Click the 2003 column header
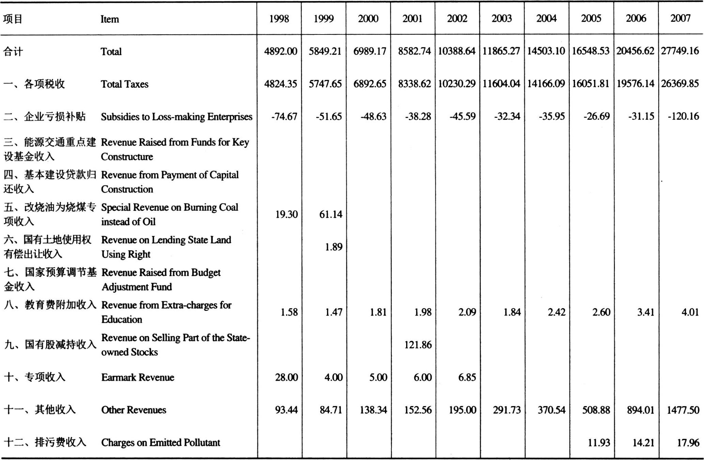(x=502, y=18)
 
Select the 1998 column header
(x=279, y=18)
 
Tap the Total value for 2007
(x=680, y=51)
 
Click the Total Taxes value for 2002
(x=457, y=84)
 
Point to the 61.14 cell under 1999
(x=330, y=214)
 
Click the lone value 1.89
(x=333, y=247)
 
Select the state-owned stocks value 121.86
(x=418, y=345)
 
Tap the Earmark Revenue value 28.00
(x=286, y=377)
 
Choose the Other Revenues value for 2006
(x=640, y=410)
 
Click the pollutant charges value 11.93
(x=599, y=443)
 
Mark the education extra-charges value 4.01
(x=690, y=312)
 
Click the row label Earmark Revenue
(x=138, y=377)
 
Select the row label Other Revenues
(x=133, y=410)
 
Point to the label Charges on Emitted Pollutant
(x=160, y=443)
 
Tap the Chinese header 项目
(x=13, y=19)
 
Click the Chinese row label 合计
(x=13, y=52)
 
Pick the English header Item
(x=110, y=19)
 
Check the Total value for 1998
(x=281, y=51)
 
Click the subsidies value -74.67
(x=284, y=116)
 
